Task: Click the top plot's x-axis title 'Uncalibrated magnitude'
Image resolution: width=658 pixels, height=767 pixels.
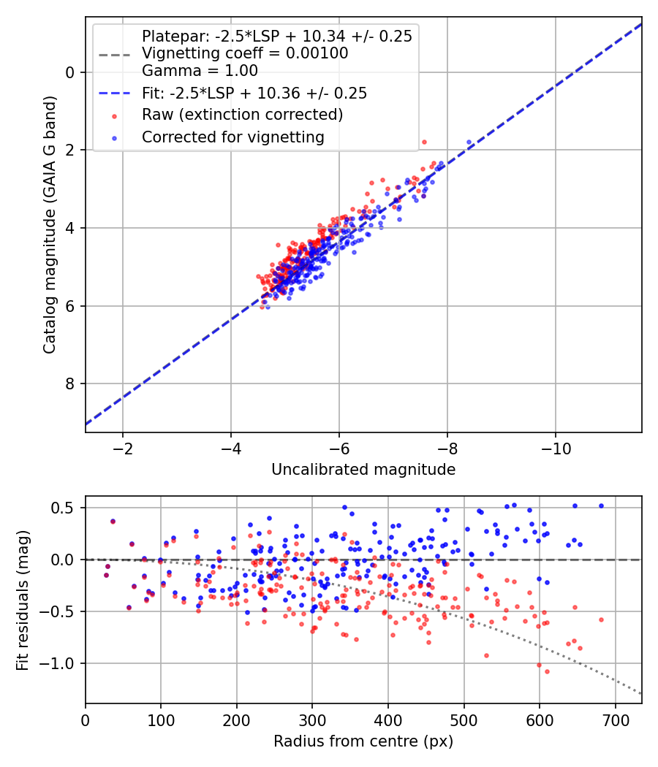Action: coord(363,470)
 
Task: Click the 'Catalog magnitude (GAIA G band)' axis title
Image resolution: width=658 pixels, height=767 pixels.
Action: coord(50,224)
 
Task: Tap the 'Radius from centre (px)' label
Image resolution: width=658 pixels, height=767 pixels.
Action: coord(363,741)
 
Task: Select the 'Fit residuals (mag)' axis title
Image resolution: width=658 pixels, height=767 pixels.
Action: coord(23,600)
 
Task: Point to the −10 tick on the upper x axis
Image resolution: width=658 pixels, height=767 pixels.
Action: coord(555,449)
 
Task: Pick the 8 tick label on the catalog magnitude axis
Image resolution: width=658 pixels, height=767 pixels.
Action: coord(70,384)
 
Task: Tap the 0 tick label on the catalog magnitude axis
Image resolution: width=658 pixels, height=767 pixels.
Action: coord(70,72)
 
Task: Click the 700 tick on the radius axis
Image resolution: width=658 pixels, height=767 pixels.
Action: coord(616,720)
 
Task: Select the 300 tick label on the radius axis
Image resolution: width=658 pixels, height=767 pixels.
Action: coord(312,720)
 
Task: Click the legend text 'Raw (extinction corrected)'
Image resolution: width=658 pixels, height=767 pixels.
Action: coord(242,115)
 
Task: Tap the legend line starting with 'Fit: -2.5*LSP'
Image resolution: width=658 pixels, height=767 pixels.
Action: coord(254,93)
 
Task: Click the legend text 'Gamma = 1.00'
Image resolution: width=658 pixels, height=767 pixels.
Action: coord(200,71)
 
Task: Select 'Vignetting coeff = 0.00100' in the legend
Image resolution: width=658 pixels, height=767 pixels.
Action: coord(245,53)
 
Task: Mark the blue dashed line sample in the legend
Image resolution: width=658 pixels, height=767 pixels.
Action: coord(114,93)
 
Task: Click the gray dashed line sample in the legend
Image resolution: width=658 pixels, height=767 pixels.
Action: coord(114,54)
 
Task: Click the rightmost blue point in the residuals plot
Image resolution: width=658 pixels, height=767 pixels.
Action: coord(601,505)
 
